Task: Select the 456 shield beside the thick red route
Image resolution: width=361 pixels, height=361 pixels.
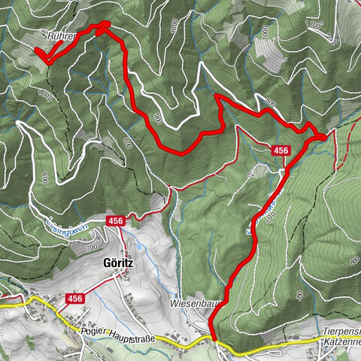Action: coord(281,150)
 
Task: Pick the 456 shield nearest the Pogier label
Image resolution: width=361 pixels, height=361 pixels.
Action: coord(75,299)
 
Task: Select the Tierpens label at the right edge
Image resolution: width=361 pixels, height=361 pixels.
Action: coord(343,331)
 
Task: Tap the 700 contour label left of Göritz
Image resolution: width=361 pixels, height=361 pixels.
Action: coord(92,247)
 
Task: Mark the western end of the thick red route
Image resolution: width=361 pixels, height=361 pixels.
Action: coord(36,50)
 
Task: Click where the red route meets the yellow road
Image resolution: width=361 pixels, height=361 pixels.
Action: coord(215,340)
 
